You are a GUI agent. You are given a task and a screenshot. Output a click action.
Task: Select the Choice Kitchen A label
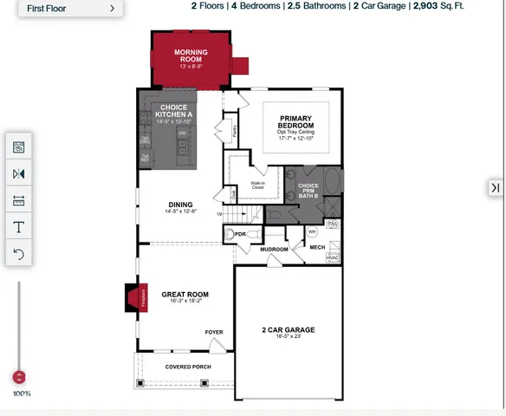[x=173, y=112]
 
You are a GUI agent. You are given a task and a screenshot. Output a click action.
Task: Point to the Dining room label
[x=180, y=206]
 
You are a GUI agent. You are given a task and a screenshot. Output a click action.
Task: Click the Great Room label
[x=185, y=296]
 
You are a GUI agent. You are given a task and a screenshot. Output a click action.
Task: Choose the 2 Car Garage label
[x=289, y=330]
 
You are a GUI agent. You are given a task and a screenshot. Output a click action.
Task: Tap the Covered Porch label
[x=188, y=367]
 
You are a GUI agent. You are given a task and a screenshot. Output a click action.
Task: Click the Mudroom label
[x=274, y=250]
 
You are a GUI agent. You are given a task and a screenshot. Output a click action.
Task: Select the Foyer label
[x=213, y=332]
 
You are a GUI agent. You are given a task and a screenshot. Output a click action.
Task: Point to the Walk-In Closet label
[x=258, y=185]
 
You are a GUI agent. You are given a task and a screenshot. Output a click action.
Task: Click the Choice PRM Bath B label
[x=308, y=191]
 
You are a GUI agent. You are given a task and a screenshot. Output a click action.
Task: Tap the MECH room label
[x=317, y=248]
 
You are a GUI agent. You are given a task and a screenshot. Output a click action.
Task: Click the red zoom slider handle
[x=19, y=377]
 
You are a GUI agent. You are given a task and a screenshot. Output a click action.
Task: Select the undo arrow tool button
[x=19, y=254]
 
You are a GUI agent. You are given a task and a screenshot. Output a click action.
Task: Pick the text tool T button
[x=19, y=227]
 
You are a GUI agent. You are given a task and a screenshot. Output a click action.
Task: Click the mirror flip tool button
[x=19, y=174]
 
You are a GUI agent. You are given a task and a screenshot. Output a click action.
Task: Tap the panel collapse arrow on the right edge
[x=496, y=187]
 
